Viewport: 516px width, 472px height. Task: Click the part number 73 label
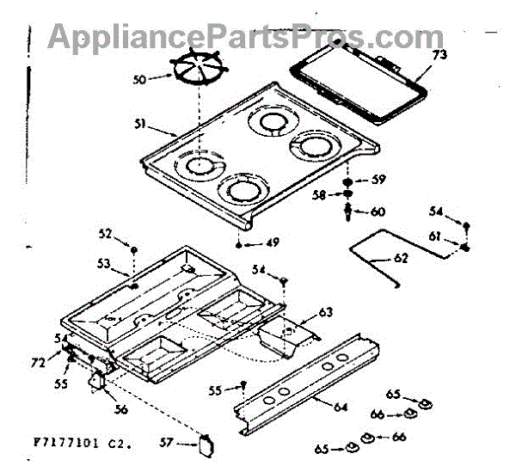(439, 56)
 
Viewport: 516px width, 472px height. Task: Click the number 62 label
(400, 256)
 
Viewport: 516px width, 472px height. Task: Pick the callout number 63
(325, 311)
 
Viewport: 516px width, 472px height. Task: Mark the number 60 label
(378, 211)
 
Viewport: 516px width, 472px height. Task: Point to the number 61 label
(435, 236)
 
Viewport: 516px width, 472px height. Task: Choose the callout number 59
(378, 180)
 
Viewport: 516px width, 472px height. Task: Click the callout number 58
(317, 197)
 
